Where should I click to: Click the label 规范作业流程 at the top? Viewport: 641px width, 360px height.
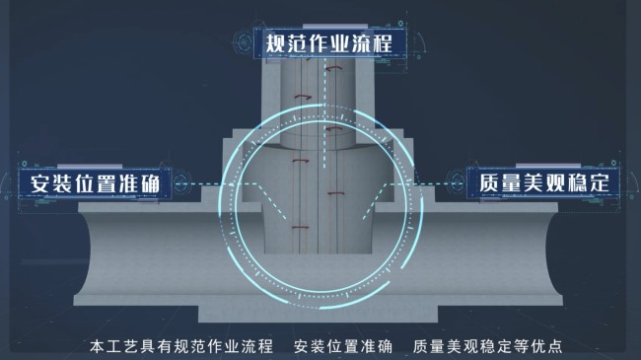(329, 43)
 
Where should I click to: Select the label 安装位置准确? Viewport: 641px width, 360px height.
(95, 183)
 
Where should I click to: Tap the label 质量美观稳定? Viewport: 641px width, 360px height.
(544, 182)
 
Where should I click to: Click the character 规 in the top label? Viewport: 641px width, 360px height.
(275, 43)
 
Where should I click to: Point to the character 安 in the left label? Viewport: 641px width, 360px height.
(40, 183)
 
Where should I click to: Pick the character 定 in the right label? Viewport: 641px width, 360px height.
(600, 182)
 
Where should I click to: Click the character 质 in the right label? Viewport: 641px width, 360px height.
(489, 182)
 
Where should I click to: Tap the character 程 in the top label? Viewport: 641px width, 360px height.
(383, 43)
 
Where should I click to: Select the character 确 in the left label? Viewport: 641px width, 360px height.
(150, 183)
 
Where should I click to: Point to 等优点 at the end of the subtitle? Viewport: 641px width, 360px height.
(538, 346)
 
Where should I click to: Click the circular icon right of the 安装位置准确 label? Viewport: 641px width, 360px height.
(181, 182)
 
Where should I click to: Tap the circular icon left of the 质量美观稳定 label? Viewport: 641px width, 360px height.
(457, 182)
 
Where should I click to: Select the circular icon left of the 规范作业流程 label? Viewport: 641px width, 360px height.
(244, 42)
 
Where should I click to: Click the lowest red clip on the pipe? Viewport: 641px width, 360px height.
(300, 228)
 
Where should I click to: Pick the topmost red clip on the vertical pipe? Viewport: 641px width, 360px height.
(333, 69)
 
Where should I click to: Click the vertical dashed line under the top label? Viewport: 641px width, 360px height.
(325, 112)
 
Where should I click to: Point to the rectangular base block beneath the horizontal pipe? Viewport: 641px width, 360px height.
(319, 314)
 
